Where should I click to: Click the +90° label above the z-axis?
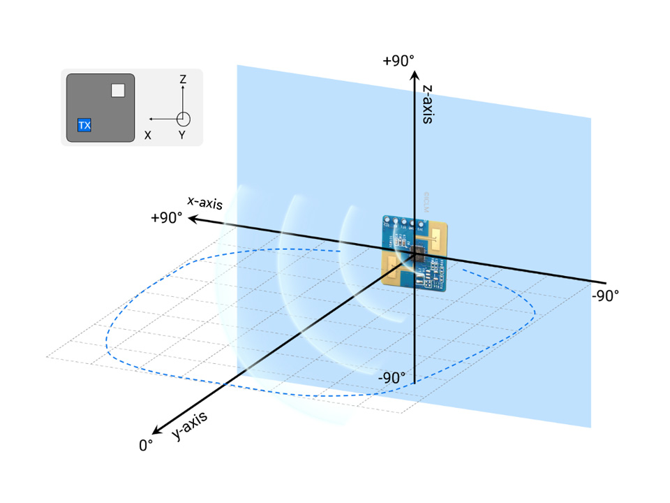pyautogui.click(x=398, y=61)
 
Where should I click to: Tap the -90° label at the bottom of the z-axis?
pyautogui.click(x=392, y=378)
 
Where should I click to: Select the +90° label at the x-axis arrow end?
pyautogui.click(x=166, y=217)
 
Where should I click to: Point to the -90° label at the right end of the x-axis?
pyautogui.click(x=604, y=295)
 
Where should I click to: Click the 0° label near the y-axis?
pyautogui.click(x=146, y=444)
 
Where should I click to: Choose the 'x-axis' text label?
pyautogui.click(x=204, y=203)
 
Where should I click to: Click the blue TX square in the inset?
pyautogui.click(x=84, y=126)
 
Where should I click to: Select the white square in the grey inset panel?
pyautogui.click(x=118, y=90)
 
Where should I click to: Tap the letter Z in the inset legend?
pyautogui.click(x=182, y=80)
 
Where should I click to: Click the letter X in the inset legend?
pyautogui.click(x=147, y=136)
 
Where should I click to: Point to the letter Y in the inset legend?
pyautogui.click(x=181, y=136)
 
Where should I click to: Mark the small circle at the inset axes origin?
pyautogui.click(x=183, y=119)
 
